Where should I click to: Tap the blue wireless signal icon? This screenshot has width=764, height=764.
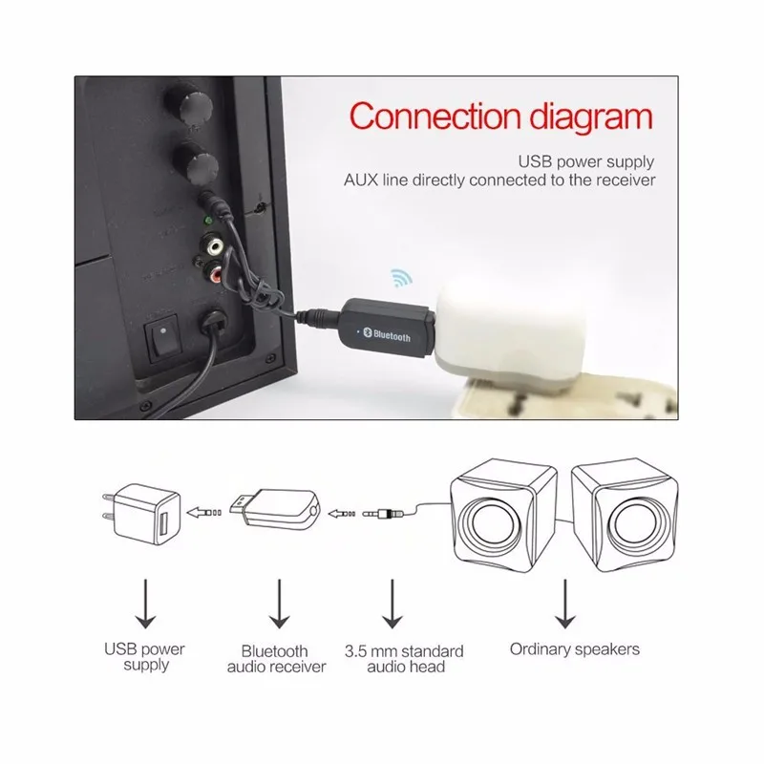(x=398, y=280)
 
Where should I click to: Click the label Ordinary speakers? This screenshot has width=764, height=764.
(x=574, y=649)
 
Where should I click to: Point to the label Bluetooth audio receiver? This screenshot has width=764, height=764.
(x=277, y=658)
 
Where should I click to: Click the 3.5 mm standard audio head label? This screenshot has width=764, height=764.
(x=404, y=659)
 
